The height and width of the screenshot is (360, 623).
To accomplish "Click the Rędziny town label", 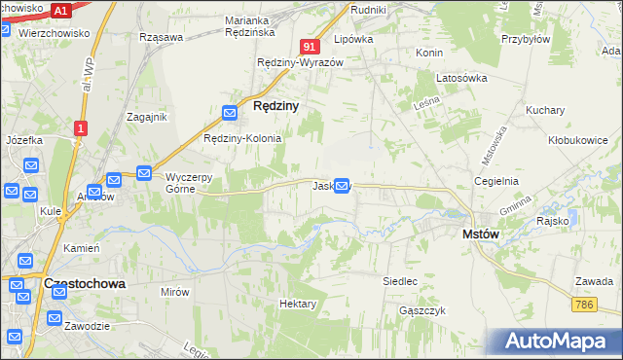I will click(x=275, y=105).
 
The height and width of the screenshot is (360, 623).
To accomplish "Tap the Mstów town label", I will click(x=481, y=234).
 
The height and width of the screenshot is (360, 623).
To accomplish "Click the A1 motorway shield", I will click(x=61, y=11).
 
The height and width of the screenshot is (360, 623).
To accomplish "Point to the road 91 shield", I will click(x=310, y=46).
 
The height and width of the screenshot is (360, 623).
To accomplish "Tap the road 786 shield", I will click(x=584, y=305).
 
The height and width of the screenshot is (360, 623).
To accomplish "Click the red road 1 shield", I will click(x=81, y=127).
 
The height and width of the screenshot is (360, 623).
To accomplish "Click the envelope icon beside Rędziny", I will click(x=230, y=114).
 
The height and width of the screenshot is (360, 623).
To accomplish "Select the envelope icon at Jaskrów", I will click(x=342, y=185).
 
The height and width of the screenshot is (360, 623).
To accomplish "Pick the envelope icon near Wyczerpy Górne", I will click(x=144, y=174).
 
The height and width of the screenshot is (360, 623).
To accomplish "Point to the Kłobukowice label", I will click(x=577, y=140).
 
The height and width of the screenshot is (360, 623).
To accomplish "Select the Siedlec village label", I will click(x=400, y=281).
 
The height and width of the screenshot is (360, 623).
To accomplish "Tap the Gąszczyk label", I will click(x=422, y=310).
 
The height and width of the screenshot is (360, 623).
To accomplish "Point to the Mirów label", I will click(x=175, y=291).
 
